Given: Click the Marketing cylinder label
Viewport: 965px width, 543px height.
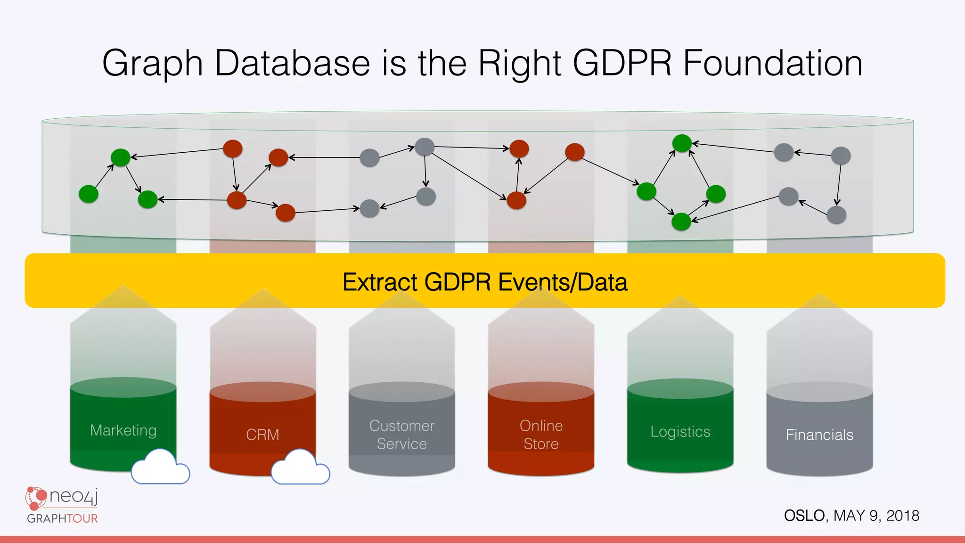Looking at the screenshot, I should (x=123, y=430).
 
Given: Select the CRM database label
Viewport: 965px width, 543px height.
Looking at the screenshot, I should (x=262, y=435).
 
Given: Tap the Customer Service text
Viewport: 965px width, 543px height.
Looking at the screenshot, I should (x=401, y=435).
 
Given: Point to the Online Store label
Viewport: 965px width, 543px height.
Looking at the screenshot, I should (x=541, y=435).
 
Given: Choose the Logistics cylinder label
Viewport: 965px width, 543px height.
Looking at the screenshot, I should (x=680, y=432).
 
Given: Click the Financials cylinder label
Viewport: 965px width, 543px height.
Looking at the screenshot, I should (x=819, y=435).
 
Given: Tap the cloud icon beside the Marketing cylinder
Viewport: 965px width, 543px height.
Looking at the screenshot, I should (x=160, y=468).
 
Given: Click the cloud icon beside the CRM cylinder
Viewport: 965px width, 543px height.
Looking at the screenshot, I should (x=300, y=468).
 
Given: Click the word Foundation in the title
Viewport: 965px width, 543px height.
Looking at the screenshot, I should (x=773, y=63).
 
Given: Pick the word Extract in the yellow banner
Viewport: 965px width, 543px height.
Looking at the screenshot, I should (x=380, y=282).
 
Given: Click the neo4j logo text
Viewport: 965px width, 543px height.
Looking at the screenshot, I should (x=73, y=496).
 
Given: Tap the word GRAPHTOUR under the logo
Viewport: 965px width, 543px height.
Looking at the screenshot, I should (x=62, y=518).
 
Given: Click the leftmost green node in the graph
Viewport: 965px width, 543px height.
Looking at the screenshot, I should (x=89, y=194).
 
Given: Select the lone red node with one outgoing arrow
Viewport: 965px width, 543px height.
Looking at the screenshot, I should (x=574, y=152).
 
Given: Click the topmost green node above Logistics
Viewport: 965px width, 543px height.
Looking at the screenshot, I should (x=682, y=143).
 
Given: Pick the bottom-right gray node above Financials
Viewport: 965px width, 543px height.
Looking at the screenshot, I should (x=836, y=215).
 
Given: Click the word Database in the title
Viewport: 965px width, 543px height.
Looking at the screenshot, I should (x=292, y=63).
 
